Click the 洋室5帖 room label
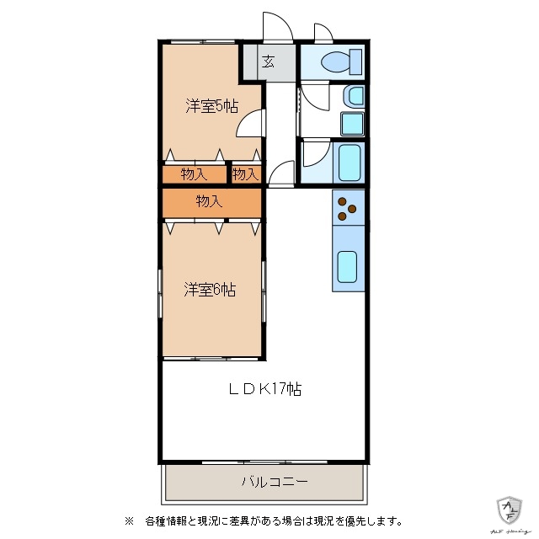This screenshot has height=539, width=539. [211, 106]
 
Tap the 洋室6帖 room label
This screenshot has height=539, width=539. [210, 290]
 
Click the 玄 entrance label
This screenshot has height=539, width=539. [267, 61]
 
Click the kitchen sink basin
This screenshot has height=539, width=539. [347, 266]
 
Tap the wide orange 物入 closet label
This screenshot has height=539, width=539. [210, 201]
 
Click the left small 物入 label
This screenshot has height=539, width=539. [194, 174]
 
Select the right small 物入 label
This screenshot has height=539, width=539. [245, 174]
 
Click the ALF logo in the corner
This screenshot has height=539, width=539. [510, 509]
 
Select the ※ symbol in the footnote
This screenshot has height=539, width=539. [129, 520]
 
